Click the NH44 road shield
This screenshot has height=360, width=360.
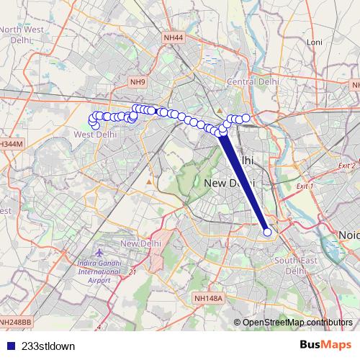tap(174, 37)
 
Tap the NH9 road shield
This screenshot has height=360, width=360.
tap(138, 83)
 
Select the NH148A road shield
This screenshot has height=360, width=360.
tap(210, 297)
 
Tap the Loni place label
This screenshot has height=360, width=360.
tap(314, 42)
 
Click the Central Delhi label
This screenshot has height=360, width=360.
tap(248, 82)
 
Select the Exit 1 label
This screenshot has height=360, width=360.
tap(305, 186)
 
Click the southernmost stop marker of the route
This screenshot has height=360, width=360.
tap(267, 232)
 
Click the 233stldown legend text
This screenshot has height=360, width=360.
tap(48, 346)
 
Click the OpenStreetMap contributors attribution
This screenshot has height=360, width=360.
tap(297, 322)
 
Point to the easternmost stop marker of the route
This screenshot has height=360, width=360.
tap(267, 232)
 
